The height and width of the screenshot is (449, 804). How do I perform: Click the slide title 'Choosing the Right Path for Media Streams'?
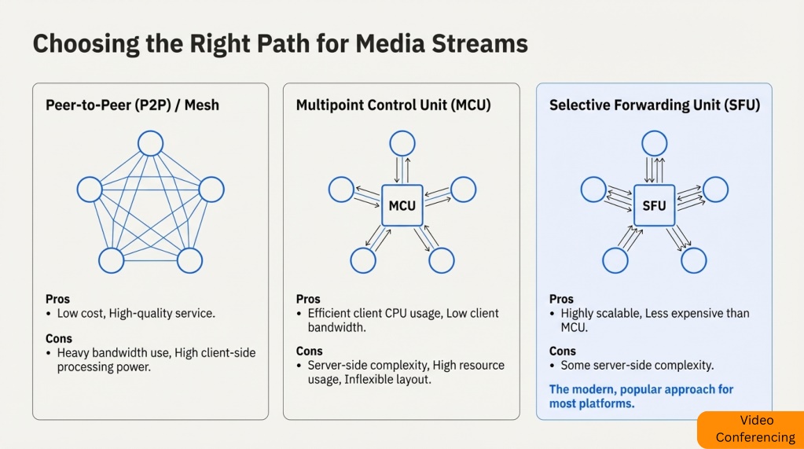[280, 44]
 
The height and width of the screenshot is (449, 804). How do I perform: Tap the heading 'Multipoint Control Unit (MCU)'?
[393, 105]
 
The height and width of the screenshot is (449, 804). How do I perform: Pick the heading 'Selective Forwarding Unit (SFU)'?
[654, 105]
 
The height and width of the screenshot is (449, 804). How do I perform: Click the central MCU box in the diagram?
[402, 206]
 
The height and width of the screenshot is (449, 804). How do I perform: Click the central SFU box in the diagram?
[654, 206]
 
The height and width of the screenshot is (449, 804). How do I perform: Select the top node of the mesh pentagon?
[150, 143]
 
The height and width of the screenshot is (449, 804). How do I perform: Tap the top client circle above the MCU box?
[402, 143]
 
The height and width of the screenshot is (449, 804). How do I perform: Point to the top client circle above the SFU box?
[654, 143]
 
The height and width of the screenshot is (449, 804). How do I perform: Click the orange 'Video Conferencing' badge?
[750, 429]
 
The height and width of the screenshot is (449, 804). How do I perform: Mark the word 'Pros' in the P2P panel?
[57, 299]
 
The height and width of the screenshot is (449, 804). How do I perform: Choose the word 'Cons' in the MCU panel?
[310, 351]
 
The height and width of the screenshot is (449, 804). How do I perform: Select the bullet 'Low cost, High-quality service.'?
[136, 313]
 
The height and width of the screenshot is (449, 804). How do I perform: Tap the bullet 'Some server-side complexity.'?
[637, 365]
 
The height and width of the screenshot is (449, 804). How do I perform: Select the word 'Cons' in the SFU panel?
[563, 351]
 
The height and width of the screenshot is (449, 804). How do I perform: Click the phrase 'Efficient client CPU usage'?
[374, 313]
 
